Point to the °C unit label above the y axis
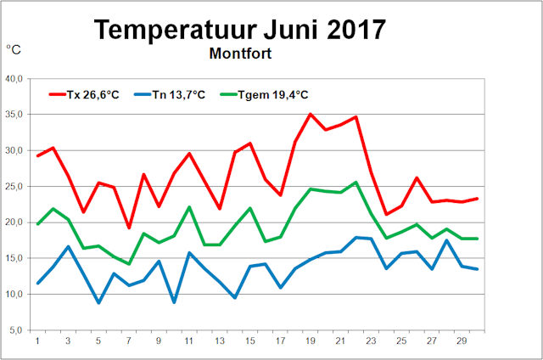pos(14,50)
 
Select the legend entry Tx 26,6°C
pos(85,94)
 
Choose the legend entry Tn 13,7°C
pos(170,94)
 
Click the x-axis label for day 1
pos(37,341)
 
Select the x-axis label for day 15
pos(250,341)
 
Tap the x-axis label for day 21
pos(341,341)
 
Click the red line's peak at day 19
pos(311,114)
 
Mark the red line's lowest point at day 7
pos(129,228)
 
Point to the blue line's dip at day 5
pos(98,302)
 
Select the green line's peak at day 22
pos(356,182)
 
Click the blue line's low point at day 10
pos(174,302)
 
